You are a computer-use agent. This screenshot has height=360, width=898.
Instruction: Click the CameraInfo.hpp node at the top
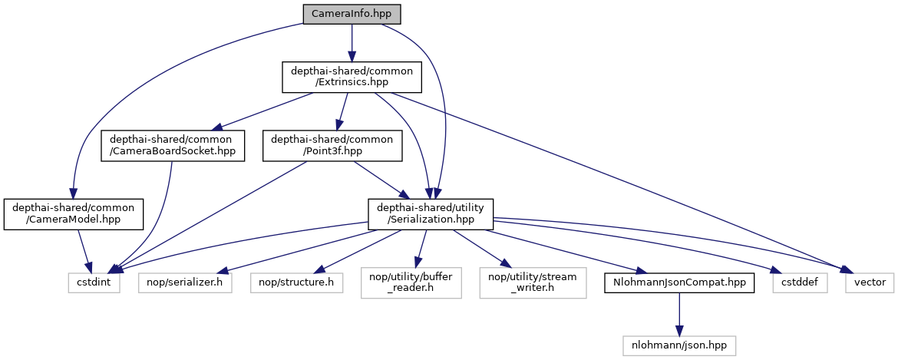click(x=352, y=14)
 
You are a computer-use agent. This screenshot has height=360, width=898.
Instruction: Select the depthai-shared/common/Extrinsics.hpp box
click(x=352, y=78)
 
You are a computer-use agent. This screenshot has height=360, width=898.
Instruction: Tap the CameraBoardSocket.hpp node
click(x=173, y=146)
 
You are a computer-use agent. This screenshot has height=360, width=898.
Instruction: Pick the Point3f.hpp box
click(x=332, y=146)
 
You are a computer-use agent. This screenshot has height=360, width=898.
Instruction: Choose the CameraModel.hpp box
click(x=73, y=214)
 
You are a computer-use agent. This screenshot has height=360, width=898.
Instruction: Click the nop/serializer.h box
click(x=185, y=282)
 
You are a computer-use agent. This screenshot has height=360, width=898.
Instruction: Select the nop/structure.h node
click(x=295, y=282)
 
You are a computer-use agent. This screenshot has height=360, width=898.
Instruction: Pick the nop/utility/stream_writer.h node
click(x=531, y=282)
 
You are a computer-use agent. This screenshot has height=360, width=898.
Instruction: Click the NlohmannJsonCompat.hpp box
click(x=678, y=282)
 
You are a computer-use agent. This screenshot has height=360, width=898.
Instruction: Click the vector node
click(x=869, y=282)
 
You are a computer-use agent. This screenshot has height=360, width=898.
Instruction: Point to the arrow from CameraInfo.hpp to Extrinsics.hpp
click(x=352, y=41)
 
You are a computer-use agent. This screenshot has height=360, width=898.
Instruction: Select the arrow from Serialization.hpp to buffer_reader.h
click(x=421, y=249)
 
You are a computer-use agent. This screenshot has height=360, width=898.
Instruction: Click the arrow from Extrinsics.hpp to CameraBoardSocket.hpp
click(x=261, y=111)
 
